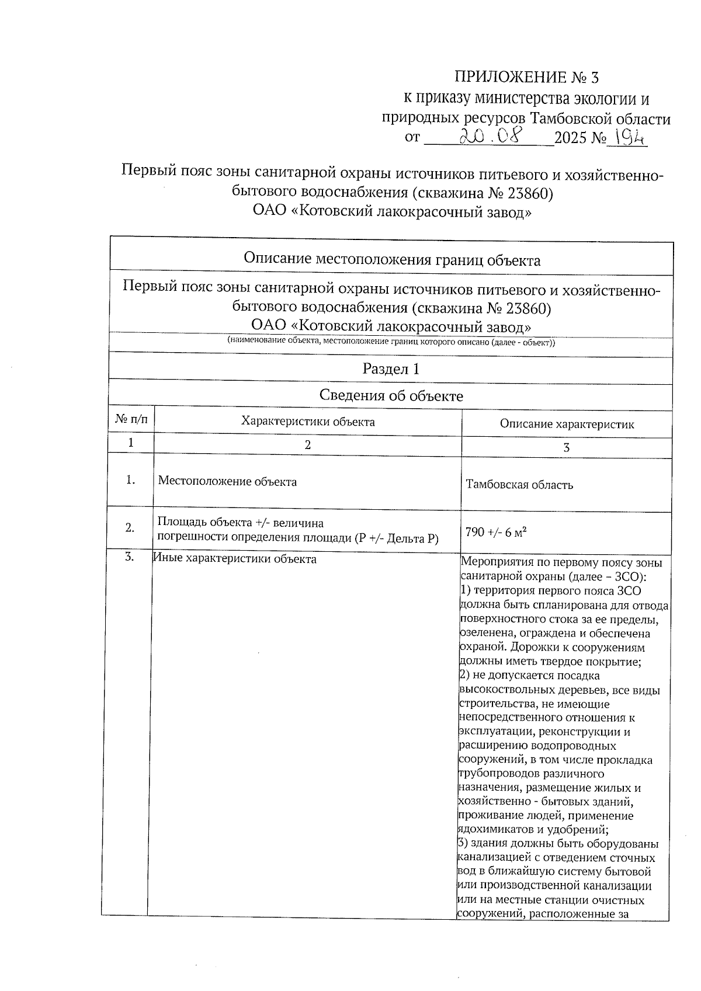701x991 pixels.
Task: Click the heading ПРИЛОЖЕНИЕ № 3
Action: [x=526, y=77]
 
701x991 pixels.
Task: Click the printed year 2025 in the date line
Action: [x=571, y=138]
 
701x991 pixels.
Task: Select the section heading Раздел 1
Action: [x=391, y=369]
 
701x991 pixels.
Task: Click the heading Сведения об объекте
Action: [x=391, y=396]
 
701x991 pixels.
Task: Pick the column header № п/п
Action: [x=131, y=419]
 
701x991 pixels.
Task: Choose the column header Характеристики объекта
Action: [x=308, y=422]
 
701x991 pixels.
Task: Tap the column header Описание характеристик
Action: [x=567, y=425]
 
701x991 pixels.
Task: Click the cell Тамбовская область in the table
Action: [x=519, y=485]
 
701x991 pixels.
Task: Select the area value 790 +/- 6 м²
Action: [x=496, y=532]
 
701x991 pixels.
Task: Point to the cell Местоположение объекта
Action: [x=227, y=482]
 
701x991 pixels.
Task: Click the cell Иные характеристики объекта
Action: [x=235, y=559]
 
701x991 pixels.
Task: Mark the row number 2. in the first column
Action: [x=130, y=528]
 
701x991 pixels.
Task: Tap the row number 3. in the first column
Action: [x=130, y=557]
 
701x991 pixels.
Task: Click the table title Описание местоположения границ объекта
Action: [x=391, y=260]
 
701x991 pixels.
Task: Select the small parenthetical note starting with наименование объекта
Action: [x=391, y=342]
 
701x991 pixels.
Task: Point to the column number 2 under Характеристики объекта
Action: [x=308, y=444]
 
